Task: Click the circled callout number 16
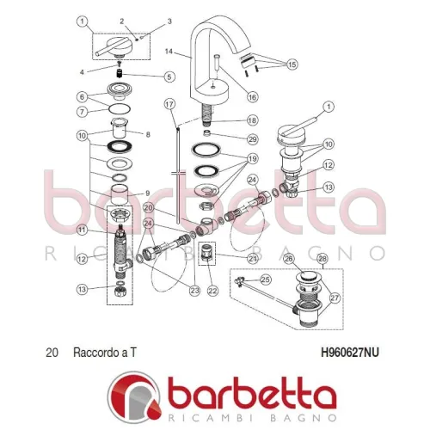[x=252, y=97]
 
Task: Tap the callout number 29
[x=252, y=139]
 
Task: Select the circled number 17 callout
[x=169, y=104]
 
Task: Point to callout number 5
[x=169, y=77]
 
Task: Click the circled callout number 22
[x=212, y=291]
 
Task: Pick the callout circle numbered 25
[x=266, y=279]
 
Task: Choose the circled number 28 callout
[x=322, y=259]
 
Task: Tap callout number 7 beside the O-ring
[x=83, y=111]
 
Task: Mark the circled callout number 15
[x=292, y=64]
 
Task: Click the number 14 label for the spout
[x=169, y=52]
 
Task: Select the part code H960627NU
[x=350, y=353]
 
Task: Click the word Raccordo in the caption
[x=96, y=353]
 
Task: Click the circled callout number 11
[x=83, y=230]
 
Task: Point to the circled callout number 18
[x=252, y=120]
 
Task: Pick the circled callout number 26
[x=288, y=259]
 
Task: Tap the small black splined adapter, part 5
[x=120, y=73]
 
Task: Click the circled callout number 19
[x=252, y=158]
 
